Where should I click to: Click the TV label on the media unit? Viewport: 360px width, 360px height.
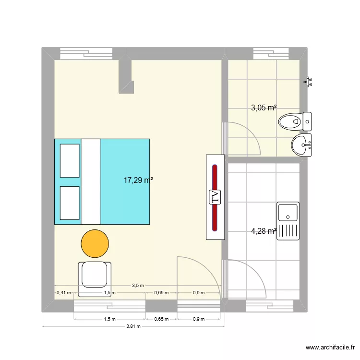216,197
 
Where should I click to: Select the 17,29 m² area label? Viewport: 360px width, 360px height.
138,180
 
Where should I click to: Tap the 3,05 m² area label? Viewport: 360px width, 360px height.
264,108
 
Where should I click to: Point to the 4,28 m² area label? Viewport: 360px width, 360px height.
264,231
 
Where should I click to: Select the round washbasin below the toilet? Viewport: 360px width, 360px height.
302,145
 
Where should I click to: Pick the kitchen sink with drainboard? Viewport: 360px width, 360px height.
288,220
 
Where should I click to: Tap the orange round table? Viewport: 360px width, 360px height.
95,243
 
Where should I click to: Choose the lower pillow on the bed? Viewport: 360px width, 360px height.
70,203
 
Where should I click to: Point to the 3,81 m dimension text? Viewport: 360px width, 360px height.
136,326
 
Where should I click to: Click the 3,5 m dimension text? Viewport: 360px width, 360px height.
138,285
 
